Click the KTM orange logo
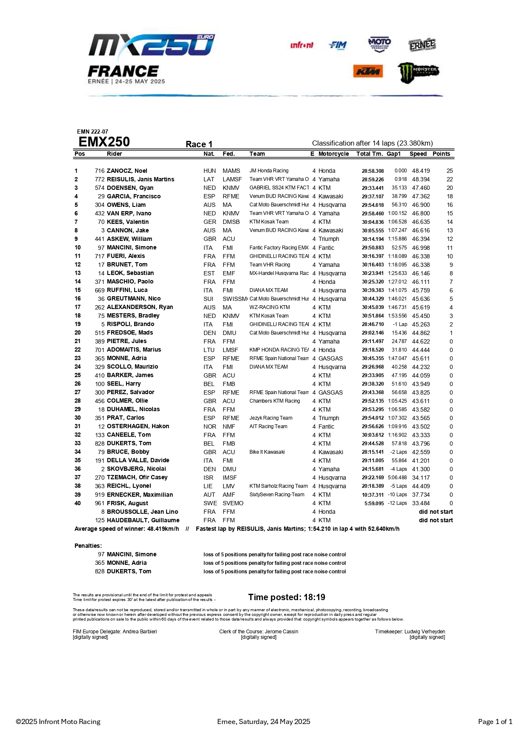(x=368, y=72)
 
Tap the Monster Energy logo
(x=418, y=72)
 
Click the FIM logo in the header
(x=338, y=46)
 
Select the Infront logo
(x=302, y=45)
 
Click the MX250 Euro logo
(x=152, y=46)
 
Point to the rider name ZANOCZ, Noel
(x=127, y=171)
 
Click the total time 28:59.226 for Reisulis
(x=373, y=180)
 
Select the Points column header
(x=441, y=154)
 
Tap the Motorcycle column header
(x=333, y=154)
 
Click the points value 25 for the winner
(x=450, y=171)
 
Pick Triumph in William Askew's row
(x=329, y=239)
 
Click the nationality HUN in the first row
(x=209, y=171)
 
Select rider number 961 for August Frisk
(x=100, y=503)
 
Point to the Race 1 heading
(x=199, y=144)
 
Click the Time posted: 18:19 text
(x=287, y=597)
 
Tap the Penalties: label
(x=88, y=546)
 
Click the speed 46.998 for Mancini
(x=421, y=247)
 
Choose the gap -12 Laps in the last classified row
(x=397, y=503)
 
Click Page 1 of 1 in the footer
(x=495, y=721)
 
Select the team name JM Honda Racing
(x=269, y=171)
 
